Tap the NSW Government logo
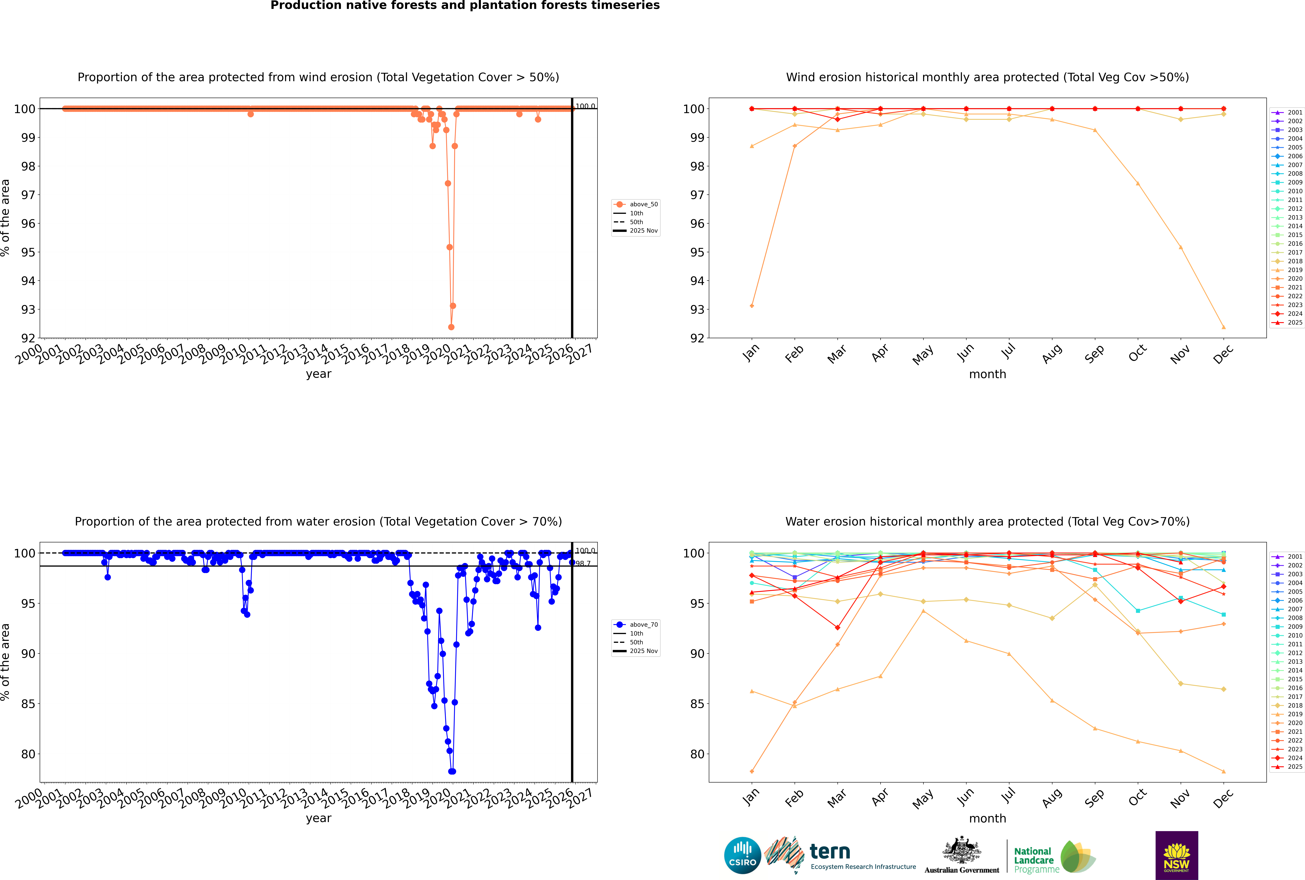(x=1176, y=855)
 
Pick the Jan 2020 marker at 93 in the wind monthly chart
(x=752, y=306)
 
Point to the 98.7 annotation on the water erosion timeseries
(x=584, y=563)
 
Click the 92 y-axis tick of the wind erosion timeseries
(x=28, y=338)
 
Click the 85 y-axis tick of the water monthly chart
(x=697, y=704)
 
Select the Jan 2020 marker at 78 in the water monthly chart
(x=752, y=771)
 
